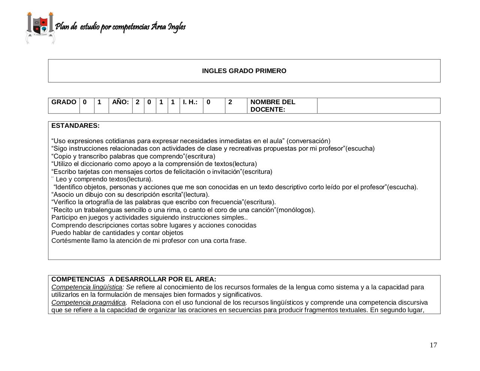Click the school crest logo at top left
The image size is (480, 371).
click(40, 28)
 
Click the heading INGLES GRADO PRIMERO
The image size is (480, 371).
click(244, 71)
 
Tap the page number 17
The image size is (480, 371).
click(433, 345)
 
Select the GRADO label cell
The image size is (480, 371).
click(64, 102)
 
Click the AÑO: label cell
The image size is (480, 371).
click(120, 102)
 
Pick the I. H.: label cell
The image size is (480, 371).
click(190, 102)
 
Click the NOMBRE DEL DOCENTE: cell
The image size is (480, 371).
click(273, 106)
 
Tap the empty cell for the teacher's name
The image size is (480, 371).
click(378, 106)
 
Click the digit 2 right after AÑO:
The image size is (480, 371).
click(138, 102)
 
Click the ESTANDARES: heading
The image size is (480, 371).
click(75, 126)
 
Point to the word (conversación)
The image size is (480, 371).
click(308, 141)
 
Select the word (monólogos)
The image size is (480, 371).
click(295, 210)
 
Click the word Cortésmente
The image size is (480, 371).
click(70, 241)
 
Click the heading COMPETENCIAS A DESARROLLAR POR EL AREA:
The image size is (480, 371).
click(133, 280)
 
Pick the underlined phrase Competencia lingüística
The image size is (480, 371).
click(87, 287)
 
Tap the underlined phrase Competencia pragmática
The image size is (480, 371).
click(88, 303)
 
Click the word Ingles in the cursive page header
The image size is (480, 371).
click(176, 27)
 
